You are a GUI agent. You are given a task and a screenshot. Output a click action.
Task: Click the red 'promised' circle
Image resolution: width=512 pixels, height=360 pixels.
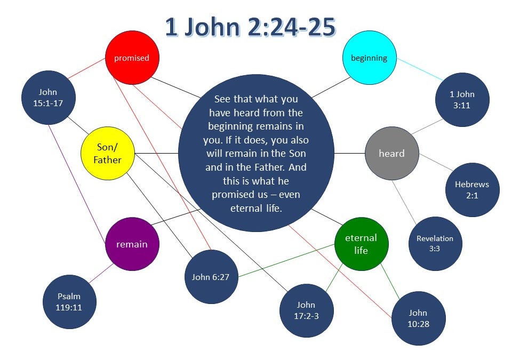pos(131,58)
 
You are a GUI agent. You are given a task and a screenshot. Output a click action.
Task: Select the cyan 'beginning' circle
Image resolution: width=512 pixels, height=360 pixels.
pos(369,58)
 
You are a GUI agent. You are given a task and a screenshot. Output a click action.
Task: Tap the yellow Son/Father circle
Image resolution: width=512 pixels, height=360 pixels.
pos(108,154)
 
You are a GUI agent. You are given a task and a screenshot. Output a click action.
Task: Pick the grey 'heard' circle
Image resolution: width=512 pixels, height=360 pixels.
pos(391,154)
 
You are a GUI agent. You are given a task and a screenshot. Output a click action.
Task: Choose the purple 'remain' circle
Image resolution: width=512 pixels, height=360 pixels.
pos(132,244)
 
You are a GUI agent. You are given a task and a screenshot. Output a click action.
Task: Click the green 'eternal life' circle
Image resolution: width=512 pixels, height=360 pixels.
pos(361,244)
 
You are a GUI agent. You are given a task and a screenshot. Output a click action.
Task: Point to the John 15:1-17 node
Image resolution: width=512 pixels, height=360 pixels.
pos(48,98)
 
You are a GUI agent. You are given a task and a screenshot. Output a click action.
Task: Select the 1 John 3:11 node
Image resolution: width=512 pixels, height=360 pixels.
pos(462,100)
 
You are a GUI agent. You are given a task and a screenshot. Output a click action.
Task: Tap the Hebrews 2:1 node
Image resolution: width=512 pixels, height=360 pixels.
pos(472,190)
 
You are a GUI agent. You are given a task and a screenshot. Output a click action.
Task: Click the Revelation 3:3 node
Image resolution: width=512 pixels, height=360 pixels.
pos(435,244)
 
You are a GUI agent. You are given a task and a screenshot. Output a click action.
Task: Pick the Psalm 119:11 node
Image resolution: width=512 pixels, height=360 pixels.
pos(69,302)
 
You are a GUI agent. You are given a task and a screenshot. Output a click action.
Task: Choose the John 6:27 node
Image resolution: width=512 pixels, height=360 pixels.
pos(211,277)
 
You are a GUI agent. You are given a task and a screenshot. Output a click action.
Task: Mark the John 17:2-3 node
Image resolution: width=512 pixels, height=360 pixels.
pos(306,310)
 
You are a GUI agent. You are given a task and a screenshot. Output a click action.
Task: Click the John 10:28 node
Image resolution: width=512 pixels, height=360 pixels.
pos(419,318)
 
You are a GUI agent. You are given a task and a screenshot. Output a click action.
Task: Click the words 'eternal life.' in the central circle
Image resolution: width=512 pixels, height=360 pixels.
pos(255,208)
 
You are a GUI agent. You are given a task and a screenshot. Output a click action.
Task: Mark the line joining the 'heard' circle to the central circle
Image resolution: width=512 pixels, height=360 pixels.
pos(349,154)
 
